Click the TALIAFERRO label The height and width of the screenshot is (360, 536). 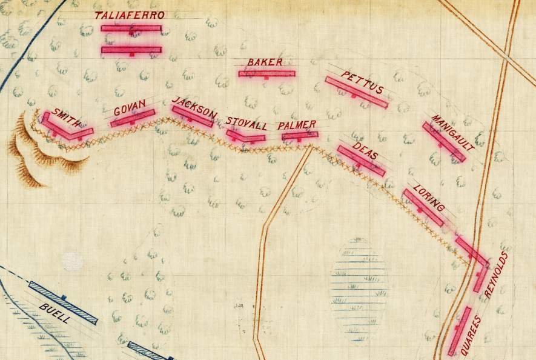pyautogui.click(x=130, y=15)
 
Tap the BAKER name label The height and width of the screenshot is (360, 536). pyautogui.click(x=265, y=62)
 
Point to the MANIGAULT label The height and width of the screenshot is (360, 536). pyautogui.click(x=452, y=132)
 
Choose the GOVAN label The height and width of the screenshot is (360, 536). pyautogui.click(x=130, y=108)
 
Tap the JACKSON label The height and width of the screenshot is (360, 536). pyautogui.click(x=194, y=107)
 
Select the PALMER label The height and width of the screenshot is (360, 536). pyautogui.click(x=297, y=125)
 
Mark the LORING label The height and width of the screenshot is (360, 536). pyautogui.click(x=429, y=198)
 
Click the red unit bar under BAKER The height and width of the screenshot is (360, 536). pyautogui.click(x=266, y=74)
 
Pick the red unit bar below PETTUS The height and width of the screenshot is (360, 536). pyautogui.click(x=356, y=92)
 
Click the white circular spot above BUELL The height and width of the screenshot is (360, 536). pyautogui.click(x=73, y=262)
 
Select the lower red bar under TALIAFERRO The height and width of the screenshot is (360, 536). pyautogui.click(x=131, y=50)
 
